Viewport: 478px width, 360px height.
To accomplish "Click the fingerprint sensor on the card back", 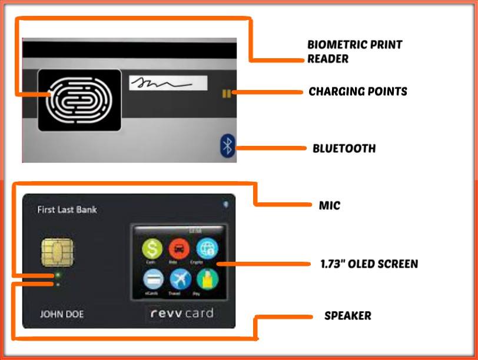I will point(79,100).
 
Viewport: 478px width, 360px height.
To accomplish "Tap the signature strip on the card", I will point(168,83).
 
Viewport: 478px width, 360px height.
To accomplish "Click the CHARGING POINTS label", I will point(357,92).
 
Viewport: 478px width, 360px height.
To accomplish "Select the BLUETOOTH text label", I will point(344,148).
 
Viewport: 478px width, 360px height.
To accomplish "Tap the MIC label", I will point(329,206).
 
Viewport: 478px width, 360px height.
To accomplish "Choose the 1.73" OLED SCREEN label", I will point(365,264).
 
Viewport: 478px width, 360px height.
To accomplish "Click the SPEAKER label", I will point(347,316).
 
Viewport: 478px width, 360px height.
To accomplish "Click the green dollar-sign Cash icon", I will point(152,248).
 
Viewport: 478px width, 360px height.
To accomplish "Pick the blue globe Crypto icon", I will point(207,248).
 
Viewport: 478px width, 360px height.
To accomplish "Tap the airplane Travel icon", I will point(179,278).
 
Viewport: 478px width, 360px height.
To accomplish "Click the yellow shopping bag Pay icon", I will point(207,278).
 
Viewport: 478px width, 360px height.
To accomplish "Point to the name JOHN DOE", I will point(61,314).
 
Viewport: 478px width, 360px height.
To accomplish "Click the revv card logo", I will point(181,313).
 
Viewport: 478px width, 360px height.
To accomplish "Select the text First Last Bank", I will point(67,209).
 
